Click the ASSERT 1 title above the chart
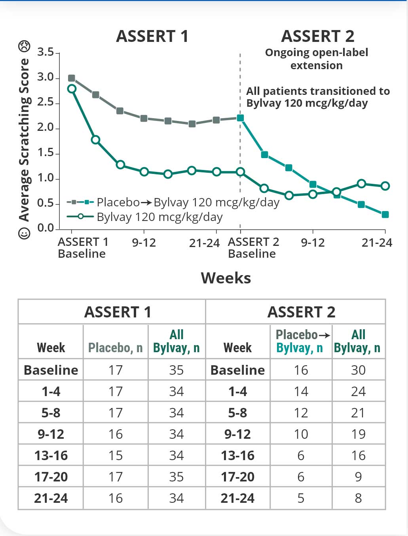[x=152, y=36]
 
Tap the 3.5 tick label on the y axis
[x=46, y=52]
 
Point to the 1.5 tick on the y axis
[x=46, y=153]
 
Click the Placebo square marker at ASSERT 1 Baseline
[x=72, y=78]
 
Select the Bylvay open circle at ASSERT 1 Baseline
[x=72, y=89]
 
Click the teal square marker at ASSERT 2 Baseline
[x=240, y=118]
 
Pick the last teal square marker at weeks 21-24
[x=385, y=215]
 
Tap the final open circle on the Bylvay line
[x=385, y=186]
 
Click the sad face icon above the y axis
[x=24, y=46]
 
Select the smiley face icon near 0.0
[x=24, y=233]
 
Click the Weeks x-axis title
[x=226, y=278]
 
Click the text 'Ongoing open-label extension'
[x=317, y=59]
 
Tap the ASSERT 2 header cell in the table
[x=301, y=312]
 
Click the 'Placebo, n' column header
[x=115, y=348]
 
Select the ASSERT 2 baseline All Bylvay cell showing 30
[x=358, y=370]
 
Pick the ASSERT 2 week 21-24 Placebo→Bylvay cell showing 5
[x=301, y=498]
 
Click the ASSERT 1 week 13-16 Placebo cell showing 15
[x=116, y=455]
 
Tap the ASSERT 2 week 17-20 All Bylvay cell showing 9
[x=358, y=477]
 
